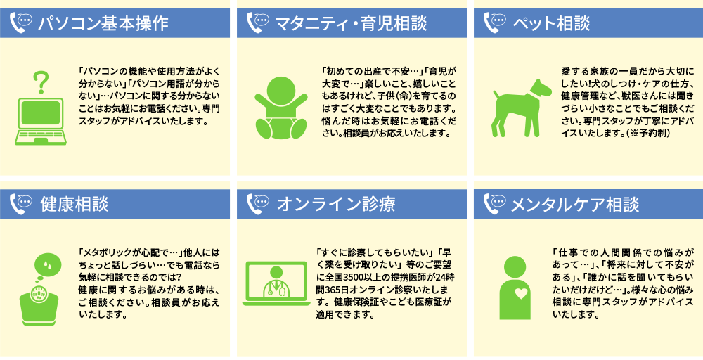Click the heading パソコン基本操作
coord(103,23)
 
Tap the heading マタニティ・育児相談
coord(350,23)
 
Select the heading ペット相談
coord(551,23)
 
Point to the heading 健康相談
coord(75,204)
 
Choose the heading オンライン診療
coord(336,204)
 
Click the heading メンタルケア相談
coord(575,204)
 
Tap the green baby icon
coord(281,108)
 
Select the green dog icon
coord(522,108)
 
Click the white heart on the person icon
coord(521,294)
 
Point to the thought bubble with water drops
coord(48,266)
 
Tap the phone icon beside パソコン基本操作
coord(20,22)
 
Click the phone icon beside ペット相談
coord(494,22)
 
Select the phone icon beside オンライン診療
coord(257,203)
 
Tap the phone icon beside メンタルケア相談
coord(494,203)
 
